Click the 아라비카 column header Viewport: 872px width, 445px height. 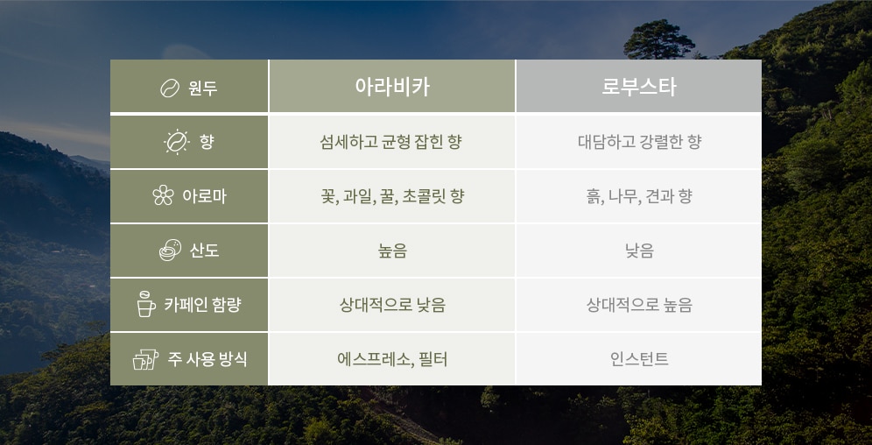tap(392, 86)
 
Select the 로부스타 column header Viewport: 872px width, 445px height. tap(639, 86)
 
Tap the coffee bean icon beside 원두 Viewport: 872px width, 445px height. tap(170, 88)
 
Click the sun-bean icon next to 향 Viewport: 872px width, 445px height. tap(176, 142)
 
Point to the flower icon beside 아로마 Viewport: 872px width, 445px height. tap(163, 195)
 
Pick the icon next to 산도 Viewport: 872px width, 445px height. tap(170, 251)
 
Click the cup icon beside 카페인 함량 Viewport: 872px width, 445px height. tap(145, 304)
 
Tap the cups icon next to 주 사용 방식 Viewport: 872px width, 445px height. tap(145, 359)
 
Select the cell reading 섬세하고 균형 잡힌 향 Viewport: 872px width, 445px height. tap(392, 141)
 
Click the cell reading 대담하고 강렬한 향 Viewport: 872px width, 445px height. tap(639, 141)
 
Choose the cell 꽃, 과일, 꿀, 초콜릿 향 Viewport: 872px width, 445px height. tap(392, 196)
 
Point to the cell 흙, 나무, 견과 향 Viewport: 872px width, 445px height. tap(639, 196)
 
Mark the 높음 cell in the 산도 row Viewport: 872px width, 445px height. tap(392, 251)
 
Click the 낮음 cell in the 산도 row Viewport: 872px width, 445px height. tap(639, 251)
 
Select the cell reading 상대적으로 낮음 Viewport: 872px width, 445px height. tap(392, 305)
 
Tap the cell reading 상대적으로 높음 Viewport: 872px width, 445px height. tap(639, 305)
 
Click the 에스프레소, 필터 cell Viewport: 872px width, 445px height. tap(392, 359)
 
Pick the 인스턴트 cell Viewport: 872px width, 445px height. tap(639, 359)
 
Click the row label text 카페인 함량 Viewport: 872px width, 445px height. tap(202, 305)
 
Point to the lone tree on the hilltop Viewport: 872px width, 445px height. tap(658, 40)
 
